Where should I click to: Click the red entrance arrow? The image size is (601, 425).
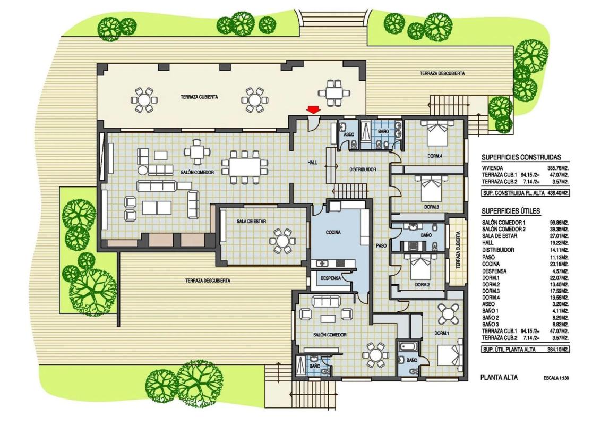point(314,110)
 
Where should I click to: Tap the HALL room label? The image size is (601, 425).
point(312,163)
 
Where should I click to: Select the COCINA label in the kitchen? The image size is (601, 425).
point(333,233)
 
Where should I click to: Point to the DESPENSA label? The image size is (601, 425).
point(330,278)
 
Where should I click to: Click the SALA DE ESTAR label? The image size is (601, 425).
point(252,222)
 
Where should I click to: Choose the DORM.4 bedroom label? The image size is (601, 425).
point(435,156)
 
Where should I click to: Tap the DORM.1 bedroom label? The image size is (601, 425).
point(442,333)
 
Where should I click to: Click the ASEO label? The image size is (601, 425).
point(349,134)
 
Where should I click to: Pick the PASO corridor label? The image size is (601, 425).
point(381,245)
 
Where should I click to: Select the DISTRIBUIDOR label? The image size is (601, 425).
point(362,169)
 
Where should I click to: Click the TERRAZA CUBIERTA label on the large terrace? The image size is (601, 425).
point(199,97)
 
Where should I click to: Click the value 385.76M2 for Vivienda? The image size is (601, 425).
point(557,168)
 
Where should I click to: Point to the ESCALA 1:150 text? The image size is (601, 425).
point(556,378)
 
